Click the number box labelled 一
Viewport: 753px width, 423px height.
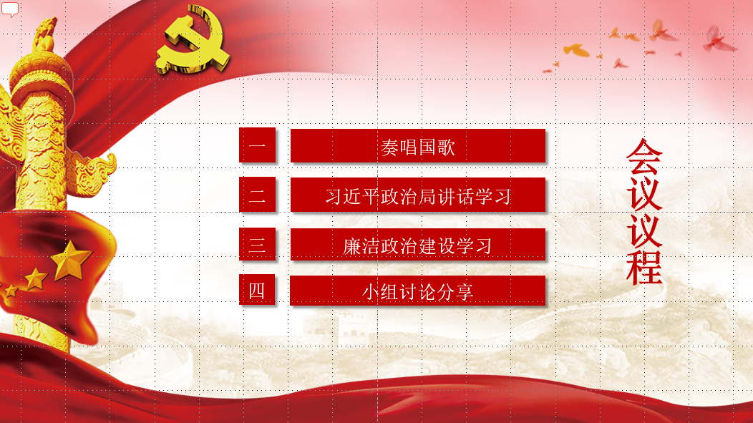point(258,145)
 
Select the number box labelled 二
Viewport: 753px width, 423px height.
point(258,194)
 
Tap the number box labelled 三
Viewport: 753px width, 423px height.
point(258,244)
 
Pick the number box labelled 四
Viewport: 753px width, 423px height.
point(257,290)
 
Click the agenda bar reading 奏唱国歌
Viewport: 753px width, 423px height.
point(418,145)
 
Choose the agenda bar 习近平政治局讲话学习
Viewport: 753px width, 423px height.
point(418,195)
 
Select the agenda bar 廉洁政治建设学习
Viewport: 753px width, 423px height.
point(418,244)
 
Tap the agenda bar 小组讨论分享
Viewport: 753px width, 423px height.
point(418,290)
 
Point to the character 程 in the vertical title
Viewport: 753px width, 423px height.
point(644,268)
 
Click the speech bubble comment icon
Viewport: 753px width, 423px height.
point(10,9)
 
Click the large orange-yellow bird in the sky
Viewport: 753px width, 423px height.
point(577,50)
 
